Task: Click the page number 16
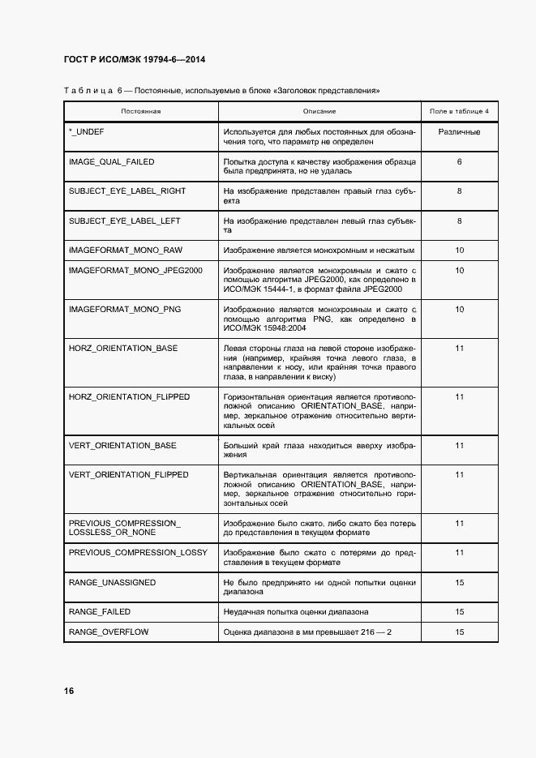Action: tap(70, 691)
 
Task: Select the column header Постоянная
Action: tap(141, 110)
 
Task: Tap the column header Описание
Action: tap(319, 110)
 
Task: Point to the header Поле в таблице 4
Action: tap(459, 110)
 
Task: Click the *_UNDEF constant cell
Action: tap(87, 131)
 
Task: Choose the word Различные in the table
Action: tap(459, 131)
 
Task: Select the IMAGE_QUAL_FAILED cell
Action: tap(111, 162)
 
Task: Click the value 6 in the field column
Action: tap(459, 162)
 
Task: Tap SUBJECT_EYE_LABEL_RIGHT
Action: tap(126, 191)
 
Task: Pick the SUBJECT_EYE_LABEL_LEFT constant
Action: tap(124, 221)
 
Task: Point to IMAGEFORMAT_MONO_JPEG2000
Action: tap(135, 271)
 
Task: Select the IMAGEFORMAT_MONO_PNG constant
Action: tap(125, 310)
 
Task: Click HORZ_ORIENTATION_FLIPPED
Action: tap(129, 397)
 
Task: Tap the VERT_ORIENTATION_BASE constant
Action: tap(122, 446)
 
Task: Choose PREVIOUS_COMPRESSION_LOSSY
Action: tap(138, 553)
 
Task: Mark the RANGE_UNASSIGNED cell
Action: tap(112, 583)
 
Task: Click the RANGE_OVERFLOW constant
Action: tap(108, 632)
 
